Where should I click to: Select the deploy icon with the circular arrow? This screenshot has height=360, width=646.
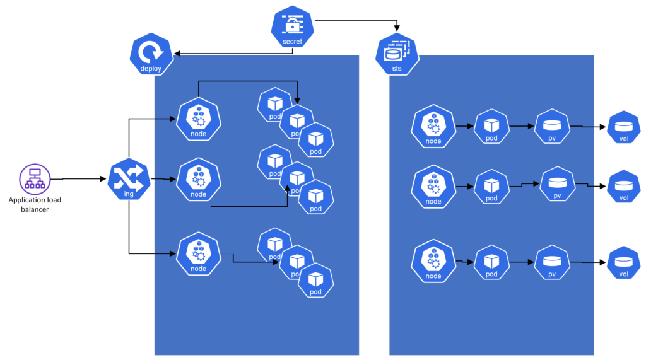click(151, 54)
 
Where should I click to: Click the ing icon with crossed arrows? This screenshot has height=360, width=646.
click(129, 180)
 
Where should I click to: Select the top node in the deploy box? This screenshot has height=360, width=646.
click(199, 119)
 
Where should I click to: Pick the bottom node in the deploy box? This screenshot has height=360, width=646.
click(199, 253)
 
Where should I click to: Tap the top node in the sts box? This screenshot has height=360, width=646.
click(433, 126)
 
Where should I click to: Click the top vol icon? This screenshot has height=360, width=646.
click(623, 127)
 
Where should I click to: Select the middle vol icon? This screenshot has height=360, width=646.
click(623, 187)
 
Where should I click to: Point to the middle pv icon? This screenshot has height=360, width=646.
click(557, 185)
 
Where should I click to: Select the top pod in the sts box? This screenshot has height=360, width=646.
click(491, 126)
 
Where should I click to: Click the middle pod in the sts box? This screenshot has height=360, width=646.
click(491, 187)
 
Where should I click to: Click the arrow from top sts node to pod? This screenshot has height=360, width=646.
click(465, 126)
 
